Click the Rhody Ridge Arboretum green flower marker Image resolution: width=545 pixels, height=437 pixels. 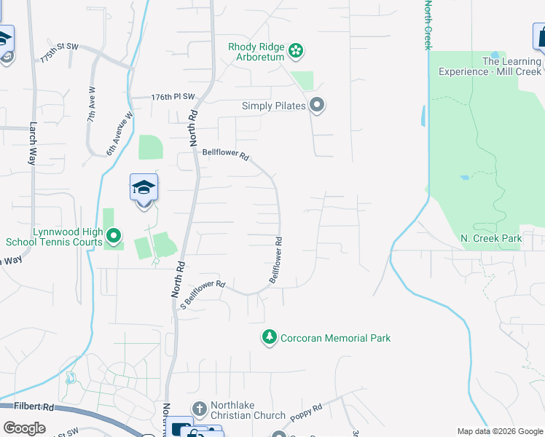coord(296,51)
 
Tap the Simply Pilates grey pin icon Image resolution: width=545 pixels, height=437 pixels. coord(317,106)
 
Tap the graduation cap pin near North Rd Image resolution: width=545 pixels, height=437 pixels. coord(144,189)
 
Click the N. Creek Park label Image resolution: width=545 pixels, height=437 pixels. coord(491,238)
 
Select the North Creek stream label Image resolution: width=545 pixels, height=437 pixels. coord(428,25)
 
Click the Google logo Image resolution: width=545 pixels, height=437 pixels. coord(25,428)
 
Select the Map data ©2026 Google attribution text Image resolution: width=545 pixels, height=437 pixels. coord(499,431)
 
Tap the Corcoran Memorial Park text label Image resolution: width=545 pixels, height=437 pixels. coord(336,338)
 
